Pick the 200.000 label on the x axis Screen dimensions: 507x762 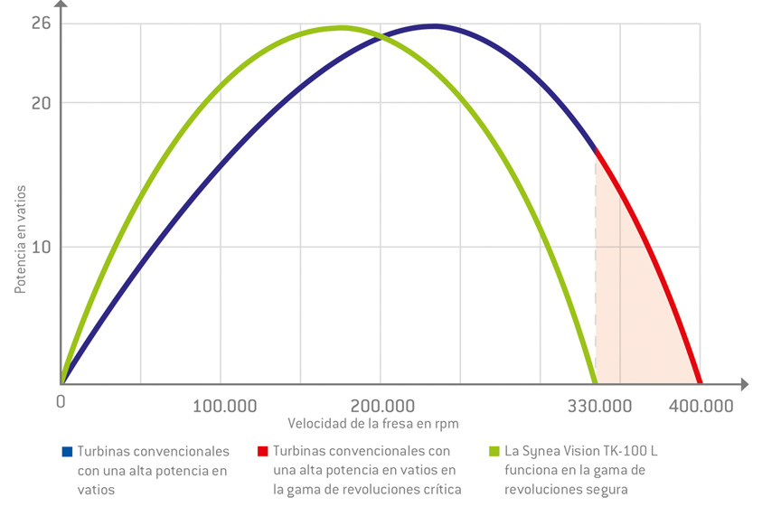pos(381,406)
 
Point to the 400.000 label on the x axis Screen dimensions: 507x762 pos(702,406)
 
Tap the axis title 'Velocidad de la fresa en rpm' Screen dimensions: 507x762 pos(373,423)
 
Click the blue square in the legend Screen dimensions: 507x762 pos(66,450)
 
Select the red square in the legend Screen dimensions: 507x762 pos(262,450)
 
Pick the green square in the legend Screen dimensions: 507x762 pos(493,450)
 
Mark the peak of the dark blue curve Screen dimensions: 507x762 pos(435,25)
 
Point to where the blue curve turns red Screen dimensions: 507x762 pos(595,148)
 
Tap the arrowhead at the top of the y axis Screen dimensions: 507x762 pos(61,6)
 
